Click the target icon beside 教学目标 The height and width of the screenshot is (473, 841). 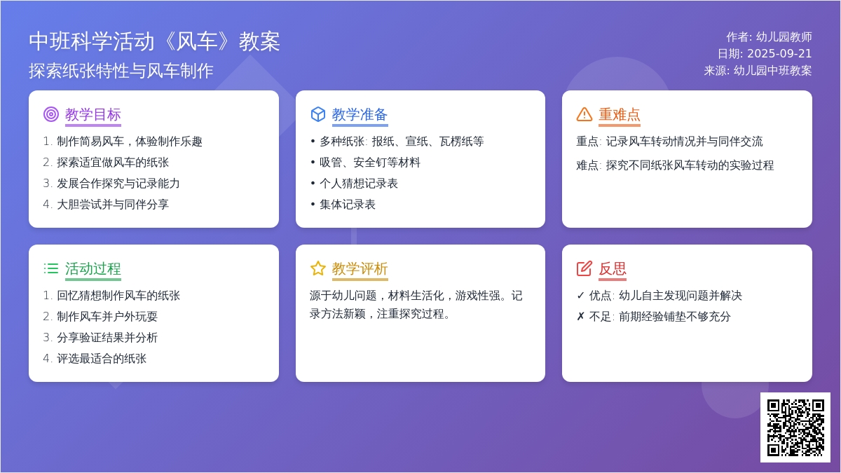[x=51, y=114]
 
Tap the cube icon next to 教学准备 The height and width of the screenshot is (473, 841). [x=318, y=114]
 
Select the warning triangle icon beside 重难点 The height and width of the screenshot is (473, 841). [x=584, y=114]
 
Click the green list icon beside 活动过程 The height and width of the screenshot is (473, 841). [x=51, y=268]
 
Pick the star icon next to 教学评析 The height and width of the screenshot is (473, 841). [x=318, y=268]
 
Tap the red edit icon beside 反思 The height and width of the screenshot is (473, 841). [x=584, y=268]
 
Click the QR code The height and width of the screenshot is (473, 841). [x=795, y=427]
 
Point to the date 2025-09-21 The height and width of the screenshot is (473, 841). [x=779, y=54]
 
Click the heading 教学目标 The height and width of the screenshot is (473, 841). [x=93, y=114]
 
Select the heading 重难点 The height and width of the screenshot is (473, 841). [x=620, y=114]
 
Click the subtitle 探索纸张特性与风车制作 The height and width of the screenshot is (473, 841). [x=121, y=71]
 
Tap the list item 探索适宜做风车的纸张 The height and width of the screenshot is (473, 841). [x=113, y=163]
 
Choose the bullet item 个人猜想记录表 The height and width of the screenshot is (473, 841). [x=359, y=184]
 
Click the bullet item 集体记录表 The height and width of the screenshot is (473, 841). [x=348, y=205]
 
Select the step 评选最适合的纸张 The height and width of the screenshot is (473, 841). [x=102, y=359]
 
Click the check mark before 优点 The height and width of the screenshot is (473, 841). [x=580, y=296]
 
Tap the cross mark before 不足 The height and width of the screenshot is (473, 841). [x=580, y=317]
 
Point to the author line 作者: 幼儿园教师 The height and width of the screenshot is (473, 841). [x=769, y=36]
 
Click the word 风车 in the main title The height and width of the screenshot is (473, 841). [x=196, y=41]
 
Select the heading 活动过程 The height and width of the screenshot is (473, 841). [x=93, y=269]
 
